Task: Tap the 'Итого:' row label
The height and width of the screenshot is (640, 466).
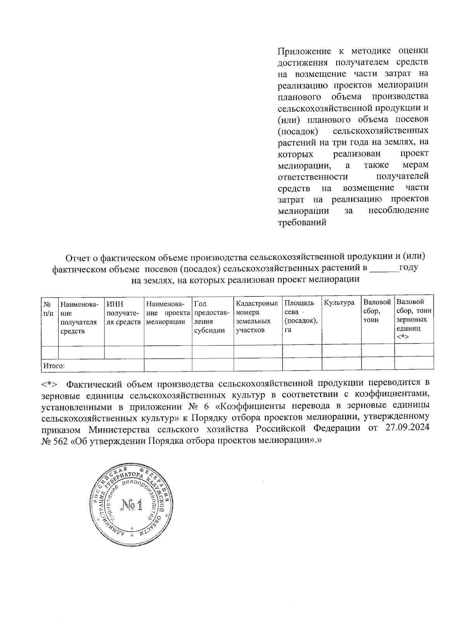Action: [54, 365]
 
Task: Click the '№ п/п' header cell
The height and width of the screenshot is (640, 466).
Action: [49, 307]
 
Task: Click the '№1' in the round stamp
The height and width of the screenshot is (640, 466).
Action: [132, 505]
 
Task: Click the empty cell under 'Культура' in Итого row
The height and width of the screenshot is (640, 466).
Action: [341, 365]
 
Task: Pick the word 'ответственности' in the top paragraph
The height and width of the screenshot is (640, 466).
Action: [313, 177]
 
